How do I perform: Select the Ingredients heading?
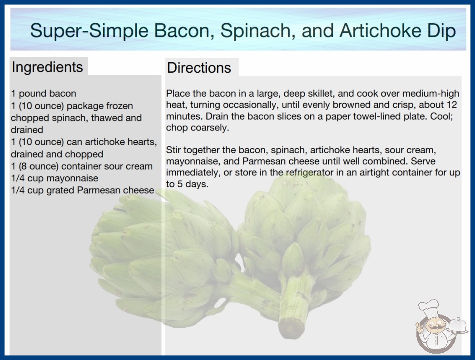(x=47, y=67)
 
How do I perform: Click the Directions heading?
(x=199, y=68)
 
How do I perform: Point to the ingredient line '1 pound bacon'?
(x=44, y=94)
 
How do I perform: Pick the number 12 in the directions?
(x=452, y=105)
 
